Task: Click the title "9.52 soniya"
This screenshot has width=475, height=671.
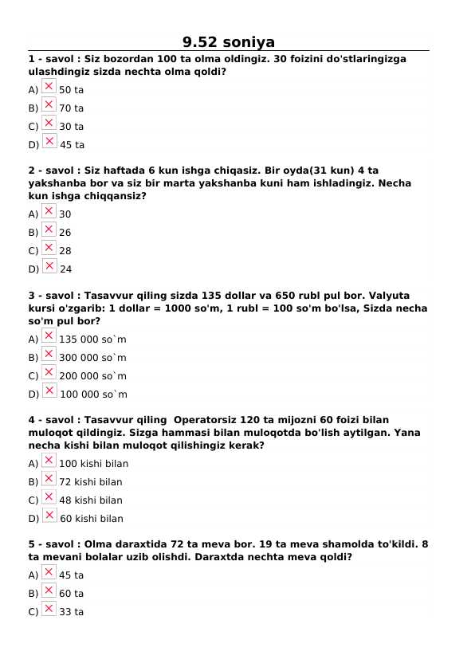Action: tap(228, 42)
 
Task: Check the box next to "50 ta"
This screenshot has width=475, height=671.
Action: tap(49, 86)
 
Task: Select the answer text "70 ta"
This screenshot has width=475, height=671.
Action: tap(72, 108)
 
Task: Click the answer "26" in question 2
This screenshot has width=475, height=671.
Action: tap(65, 233)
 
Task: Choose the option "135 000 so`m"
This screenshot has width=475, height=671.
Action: tap(92, 339)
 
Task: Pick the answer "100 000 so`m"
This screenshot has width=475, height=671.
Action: tap(93, 394)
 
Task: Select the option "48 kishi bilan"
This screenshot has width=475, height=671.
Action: tap(91, 500)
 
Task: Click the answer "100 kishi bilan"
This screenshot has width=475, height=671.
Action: tap(93, 464)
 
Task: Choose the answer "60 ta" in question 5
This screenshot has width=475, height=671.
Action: tap(72, 594)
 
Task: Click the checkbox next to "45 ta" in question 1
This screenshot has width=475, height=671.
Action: tap(49, 141)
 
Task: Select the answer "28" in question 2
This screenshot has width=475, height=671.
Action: tap(65, 251)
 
